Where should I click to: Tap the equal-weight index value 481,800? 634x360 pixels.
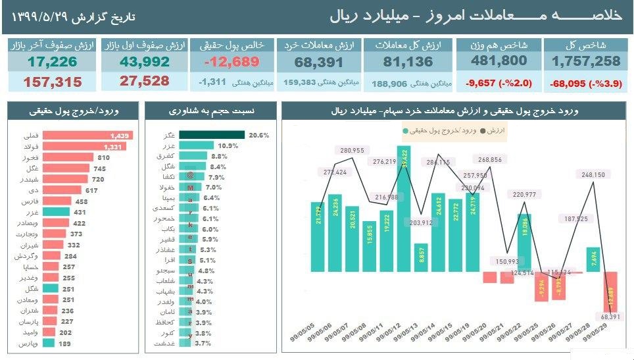[x=499, y=61]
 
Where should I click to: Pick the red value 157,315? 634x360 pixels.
[x=53, y=82]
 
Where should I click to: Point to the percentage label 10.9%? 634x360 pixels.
[x=228, y=145]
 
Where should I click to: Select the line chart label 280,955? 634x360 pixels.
[x=353, y=151]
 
